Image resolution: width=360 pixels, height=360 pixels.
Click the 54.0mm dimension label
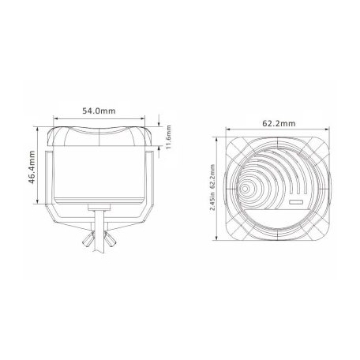[x=99, y=111]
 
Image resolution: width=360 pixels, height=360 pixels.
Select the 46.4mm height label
[x=32, y=167]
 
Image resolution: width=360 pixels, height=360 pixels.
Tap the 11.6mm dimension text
[x=168, y=137]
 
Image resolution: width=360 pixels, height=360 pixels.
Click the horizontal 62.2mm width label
[x=279, y=123]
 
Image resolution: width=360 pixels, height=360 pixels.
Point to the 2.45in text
[x=212, y=201]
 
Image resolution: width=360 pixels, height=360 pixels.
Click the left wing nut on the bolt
[x=88, y=239]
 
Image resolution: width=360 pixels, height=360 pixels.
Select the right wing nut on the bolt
[x=111, y=239]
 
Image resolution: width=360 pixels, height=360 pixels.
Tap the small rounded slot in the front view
[x=297, y=202]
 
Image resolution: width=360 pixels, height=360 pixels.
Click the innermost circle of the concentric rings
[x=246, y=189]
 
